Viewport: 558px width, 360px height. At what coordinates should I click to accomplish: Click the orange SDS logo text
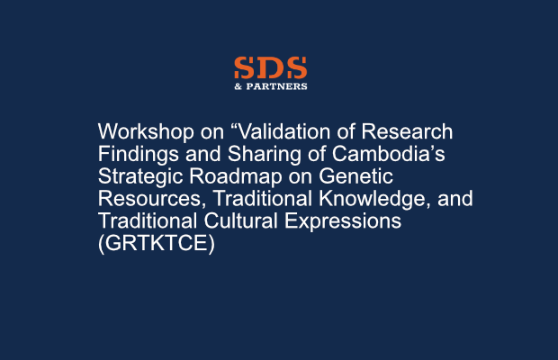[x=271, y=67]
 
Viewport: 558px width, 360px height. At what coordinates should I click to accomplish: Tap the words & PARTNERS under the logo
[x=271, y=86]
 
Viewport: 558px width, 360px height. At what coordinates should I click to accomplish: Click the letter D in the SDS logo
[x=271, y=67]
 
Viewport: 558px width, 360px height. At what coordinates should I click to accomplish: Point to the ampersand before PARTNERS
[x=238, y=86]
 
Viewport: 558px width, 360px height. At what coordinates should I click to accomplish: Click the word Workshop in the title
[x=146, y=131]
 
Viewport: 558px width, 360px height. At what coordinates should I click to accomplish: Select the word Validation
[x=281, y=131]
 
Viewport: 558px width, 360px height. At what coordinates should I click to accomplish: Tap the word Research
[x=407, y=131]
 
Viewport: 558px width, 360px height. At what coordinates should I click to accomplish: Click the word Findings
[x=139, y=155]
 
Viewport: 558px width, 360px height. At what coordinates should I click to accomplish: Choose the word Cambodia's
[x=388, y=154]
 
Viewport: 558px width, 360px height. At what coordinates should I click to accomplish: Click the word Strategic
[x=140, y=176]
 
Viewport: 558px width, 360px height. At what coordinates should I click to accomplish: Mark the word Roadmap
[x=235, y=176]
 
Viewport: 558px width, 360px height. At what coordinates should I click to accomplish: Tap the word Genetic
[x=355, y=176]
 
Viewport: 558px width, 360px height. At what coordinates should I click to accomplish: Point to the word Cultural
[x=240, y=220]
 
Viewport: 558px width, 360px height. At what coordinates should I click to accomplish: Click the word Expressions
[x=343, y=220]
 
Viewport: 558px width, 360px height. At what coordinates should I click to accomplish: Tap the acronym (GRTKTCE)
[x=157, y=243]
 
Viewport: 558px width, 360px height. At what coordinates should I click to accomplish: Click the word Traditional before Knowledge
[x=262, y=199]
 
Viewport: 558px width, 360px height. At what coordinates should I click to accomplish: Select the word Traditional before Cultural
[x=148, y=220]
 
